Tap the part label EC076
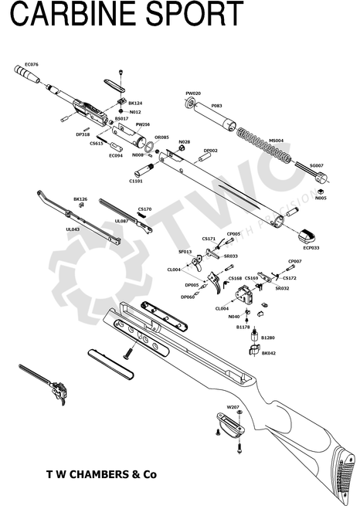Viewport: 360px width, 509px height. pos(32,64)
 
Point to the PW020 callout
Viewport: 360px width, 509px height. pos(193,93)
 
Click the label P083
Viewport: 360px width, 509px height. pos(216,106)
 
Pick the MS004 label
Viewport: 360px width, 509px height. pos(276,141)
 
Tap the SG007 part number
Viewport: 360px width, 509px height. pos(316,165)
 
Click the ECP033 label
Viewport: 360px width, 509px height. pos(311,248)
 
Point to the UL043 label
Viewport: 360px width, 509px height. pos(73,229)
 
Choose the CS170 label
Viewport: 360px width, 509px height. pos(144,209)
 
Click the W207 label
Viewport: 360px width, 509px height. pos(233,406)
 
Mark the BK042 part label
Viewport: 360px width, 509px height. pos(268,353)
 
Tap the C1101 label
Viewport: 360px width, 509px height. pos(135,181)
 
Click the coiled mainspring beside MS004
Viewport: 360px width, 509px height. pos(263,144)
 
